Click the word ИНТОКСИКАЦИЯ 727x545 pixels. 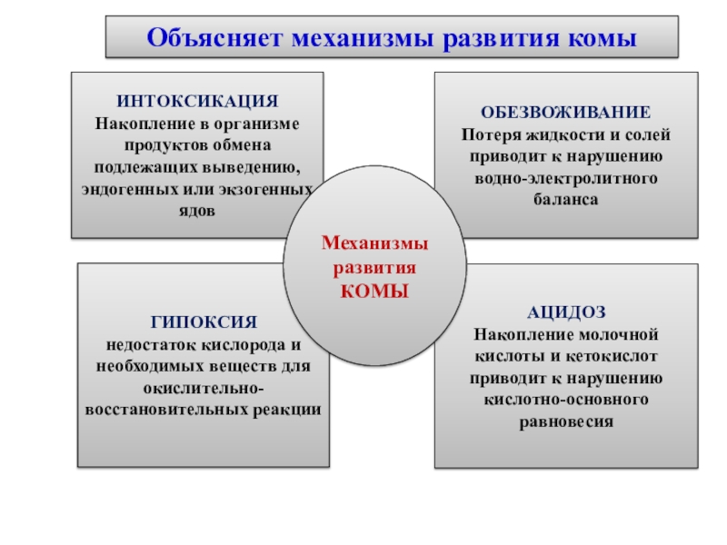[x=197, y=101]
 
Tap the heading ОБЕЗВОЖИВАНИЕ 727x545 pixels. [x=565, y=113]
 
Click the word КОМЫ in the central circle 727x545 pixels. [x=375, y=291]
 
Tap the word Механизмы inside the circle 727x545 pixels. [x=375, y=245]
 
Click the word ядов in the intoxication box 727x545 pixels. [x=197, y=210]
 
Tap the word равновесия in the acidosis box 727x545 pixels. [x=566, y=421]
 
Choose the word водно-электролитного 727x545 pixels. [x=566, y=177]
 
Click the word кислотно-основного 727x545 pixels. [x=566, y=400]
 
